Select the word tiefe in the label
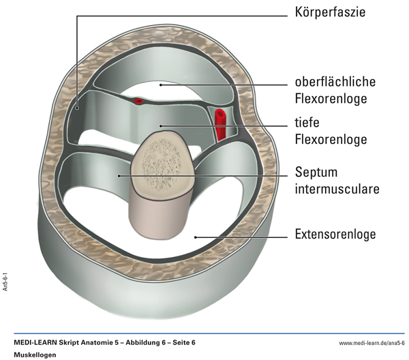[x=308, y=123]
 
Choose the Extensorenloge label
[x=335, y=235]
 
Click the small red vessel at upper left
[x=138, y=101]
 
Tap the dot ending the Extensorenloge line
[x=196, y=237]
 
